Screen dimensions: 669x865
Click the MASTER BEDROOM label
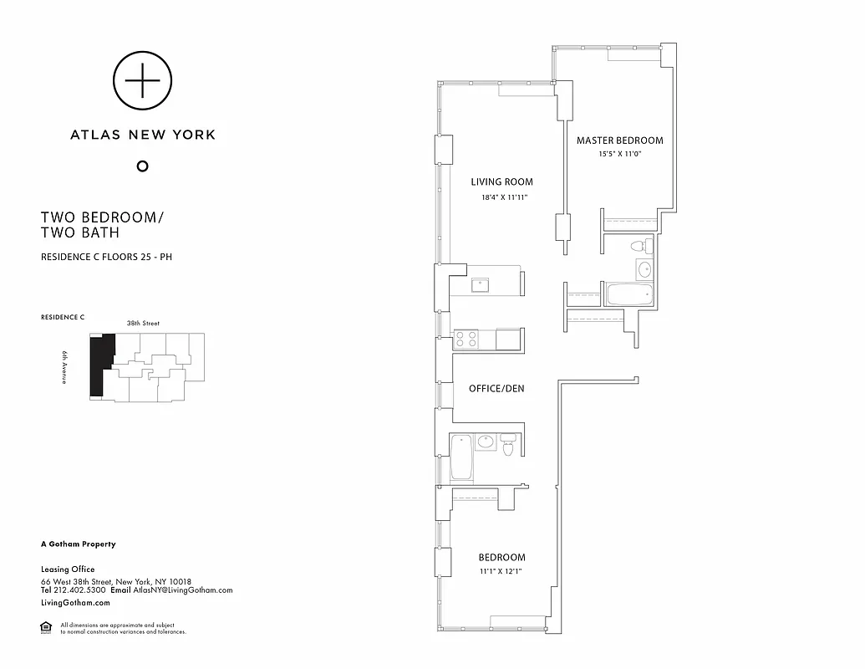[619, 140]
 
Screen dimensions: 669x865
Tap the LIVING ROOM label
[501, 182]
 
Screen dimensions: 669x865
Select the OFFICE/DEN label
[496, 389]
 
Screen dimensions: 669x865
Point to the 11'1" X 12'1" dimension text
[501, 572]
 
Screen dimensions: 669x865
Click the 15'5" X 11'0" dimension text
[619, 154]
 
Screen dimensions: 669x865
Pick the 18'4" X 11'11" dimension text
[504, 197]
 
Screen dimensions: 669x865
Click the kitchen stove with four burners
[465, 340]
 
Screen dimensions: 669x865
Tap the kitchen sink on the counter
[481, 284]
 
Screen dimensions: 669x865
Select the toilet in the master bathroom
[639, 247]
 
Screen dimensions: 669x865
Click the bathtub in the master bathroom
[629, 294]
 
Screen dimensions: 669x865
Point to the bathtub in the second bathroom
[461, 457]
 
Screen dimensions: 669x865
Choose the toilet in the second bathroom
[507, 446]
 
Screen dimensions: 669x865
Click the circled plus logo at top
[143, 80]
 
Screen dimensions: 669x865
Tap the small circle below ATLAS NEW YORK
[142, 166]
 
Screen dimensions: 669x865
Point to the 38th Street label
[144, 323]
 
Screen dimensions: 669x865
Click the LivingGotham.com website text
[75, 602]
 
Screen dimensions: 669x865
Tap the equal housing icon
[45, 627]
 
